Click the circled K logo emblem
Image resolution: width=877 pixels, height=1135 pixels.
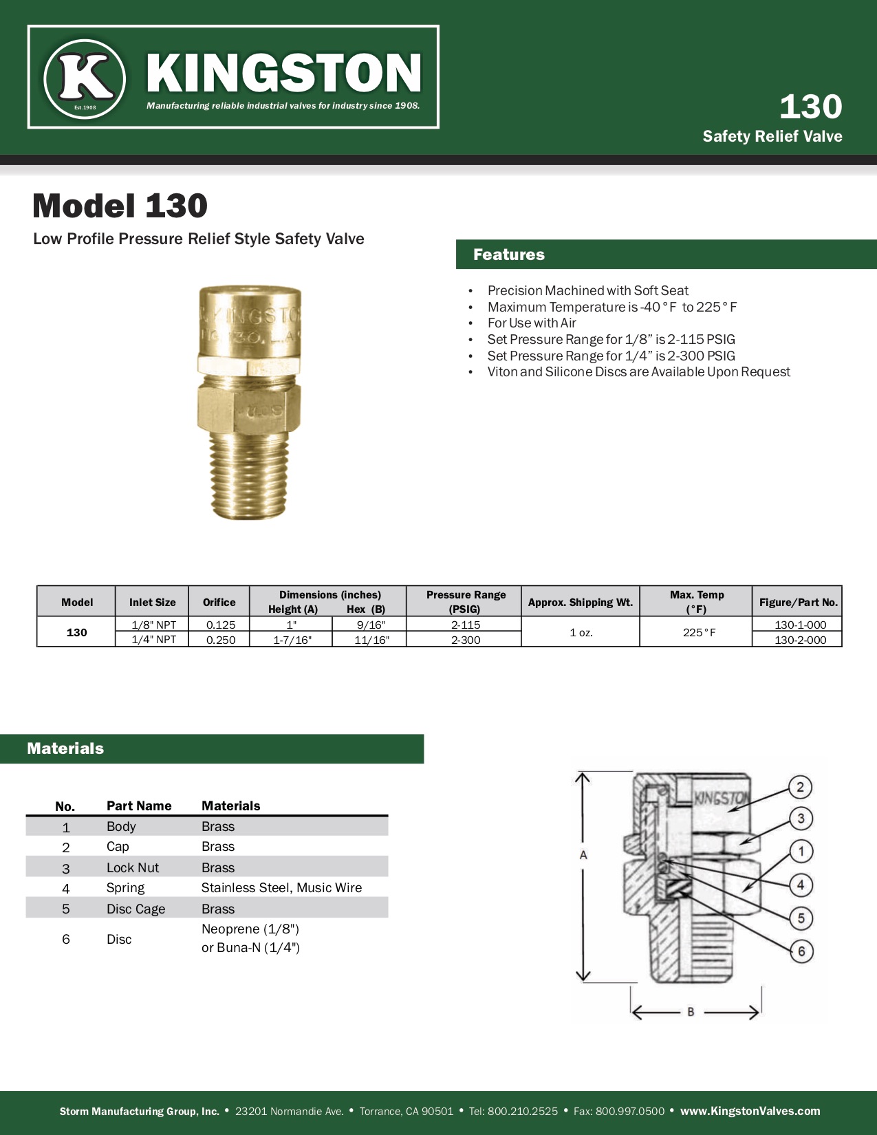85,78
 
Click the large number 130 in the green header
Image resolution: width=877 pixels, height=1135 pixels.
810,107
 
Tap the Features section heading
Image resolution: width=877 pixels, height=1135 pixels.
509,255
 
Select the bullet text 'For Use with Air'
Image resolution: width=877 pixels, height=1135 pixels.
532,323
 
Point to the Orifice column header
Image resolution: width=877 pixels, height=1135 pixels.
219,602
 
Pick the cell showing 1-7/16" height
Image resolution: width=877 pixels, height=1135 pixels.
292,640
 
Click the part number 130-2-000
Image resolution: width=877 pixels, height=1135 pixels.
800,640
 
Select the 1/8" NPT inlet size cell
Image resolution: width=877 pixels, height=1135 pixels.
153,625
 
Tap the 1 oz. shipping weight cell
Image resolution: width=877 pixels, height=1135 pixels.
581,632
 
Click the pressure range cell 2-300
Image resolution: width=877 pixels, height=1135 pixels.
465,640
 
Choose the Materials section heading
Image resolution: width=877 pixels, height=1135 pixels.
65,748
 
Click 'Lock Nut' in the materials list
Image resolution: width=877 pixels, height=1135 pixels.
132,867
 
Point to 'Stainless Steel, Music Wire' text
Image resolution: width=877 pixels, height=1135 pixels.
281,888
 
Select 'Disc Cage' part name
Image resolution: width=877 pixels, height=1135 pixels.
136,909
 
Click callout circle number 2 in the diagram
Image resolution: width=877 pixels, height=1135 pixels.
800,787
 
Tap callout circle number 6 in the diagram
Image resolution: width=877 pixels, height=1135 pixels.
801,952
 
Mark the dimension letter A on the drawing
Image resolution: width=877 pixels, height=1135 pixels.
583,855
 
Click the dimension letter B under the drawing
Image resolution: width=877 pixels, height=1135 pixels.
691,1012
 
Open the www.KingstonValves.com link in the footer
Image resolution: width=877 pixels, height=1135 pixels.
750,1111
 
